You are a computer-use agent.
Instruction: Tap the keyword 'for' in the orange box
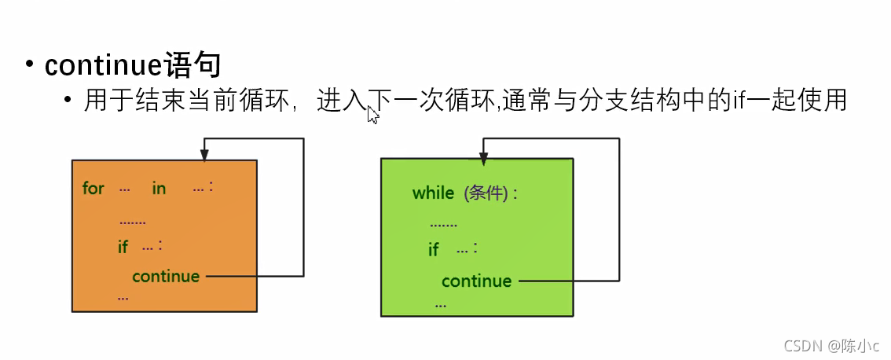[x=93, y=189]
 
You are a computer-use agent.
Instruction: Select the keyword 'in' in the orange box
[x=159, y=189]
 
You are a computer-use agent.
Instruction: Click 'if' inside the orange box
[x=123, y=247]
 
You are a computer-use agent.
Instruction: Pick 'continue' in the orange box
[x=166, y=276]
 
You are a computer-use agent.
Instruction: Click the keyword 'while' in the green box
[x=433, y=193]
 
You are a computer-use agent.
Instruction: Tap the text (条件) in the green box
[x=487, y=193]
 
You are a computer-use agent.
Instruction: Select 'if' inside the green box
[x=433, y=250]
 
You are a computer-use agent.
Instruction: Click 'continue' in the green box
[x=476, y=281]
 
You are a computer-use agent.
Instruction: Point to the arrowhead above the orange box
[x=204, y=155]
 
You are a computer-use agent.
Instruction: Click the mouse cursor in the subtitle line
[x=372, y=115]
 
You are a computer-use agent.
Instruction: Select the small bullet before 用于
[x=69, y=101]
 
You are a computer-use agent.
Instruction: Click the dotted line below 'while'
[x=443, y=224]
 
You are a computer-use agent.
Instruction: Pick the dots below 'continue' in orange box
[x=123, y=297]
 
